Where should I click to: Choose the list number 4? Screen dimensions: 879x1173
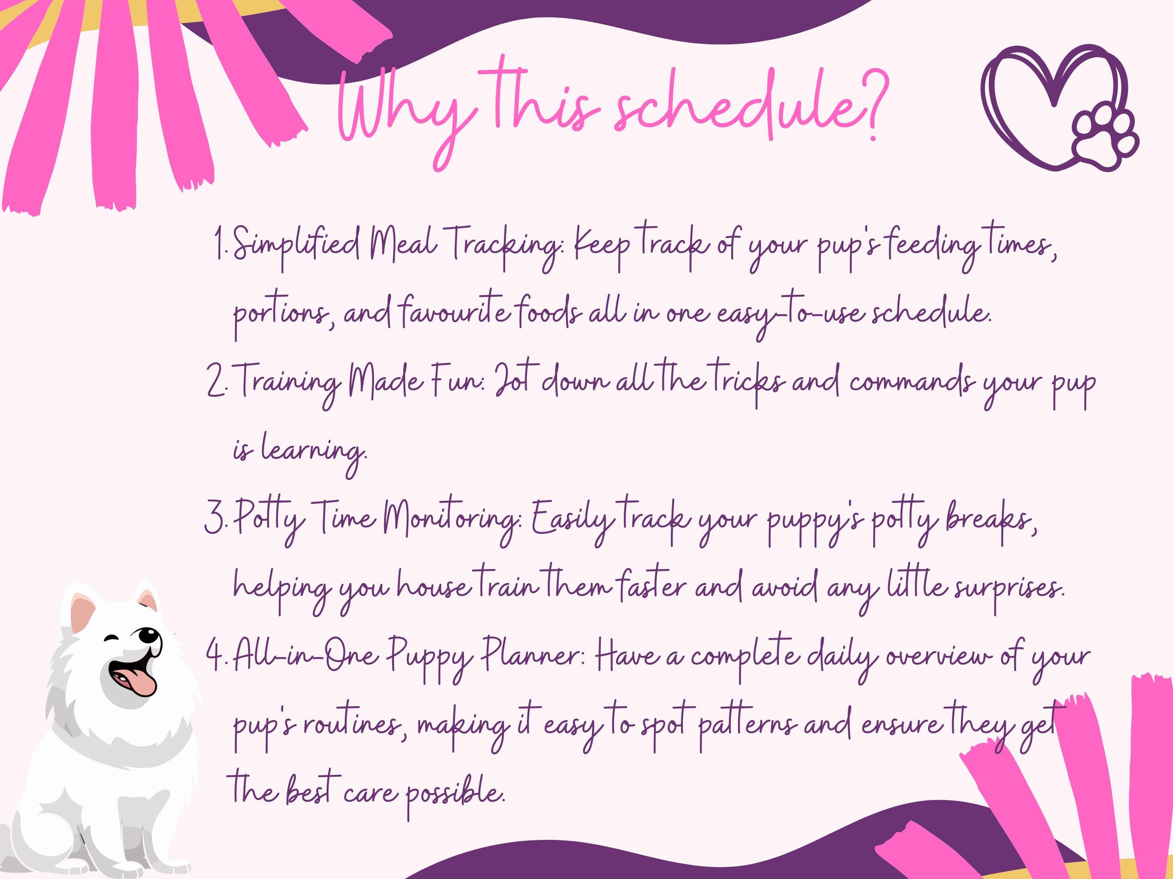[x=216, y=658]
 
